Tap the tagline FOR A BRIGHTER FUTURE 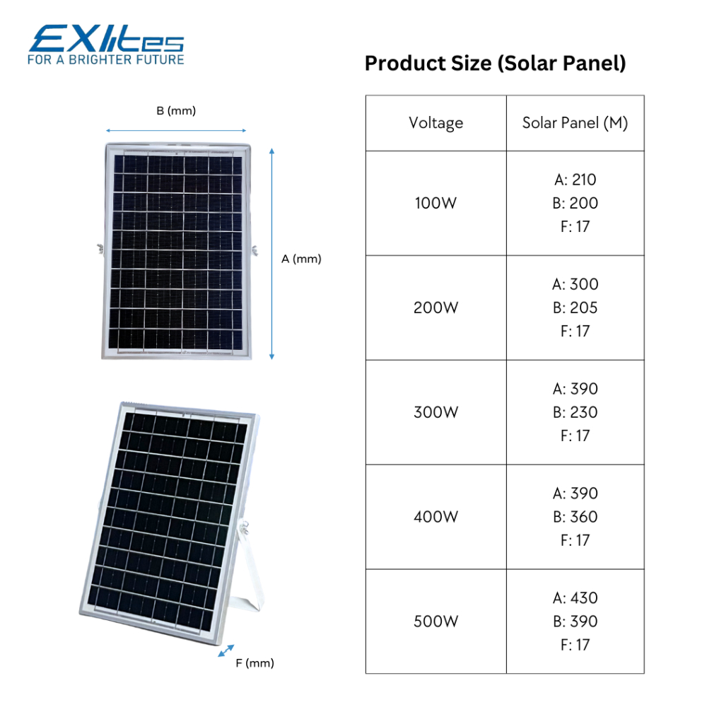[x=106, y=59]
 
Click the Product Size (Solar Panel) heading [x=495, y=63]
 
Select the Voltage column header [x=436, y=123]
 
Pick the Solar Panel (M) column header [x=575, y=123]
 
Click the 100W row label [x=436, y=203]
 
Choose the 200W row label [x=436, y=308]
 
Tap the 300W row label [x=436, y=412]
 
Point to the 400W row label [x=436, y=517]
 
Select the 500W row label [x=436, y=621]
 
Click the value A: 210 [x=576, y=180]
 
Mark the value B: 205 [x=576, y=308]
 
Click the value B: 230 [x=576, y=412]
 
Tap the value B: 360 [x=576, y=517]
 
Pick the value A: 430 [x=576, y=598]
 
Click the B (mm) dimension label [x=176, y=111]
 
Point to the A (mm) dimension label [x=301, y=259]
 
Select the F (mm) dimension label [x=255, y=663]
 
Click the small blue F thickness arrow [x=226, y=650]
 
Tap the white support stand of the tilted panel [x=250, y=573]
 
